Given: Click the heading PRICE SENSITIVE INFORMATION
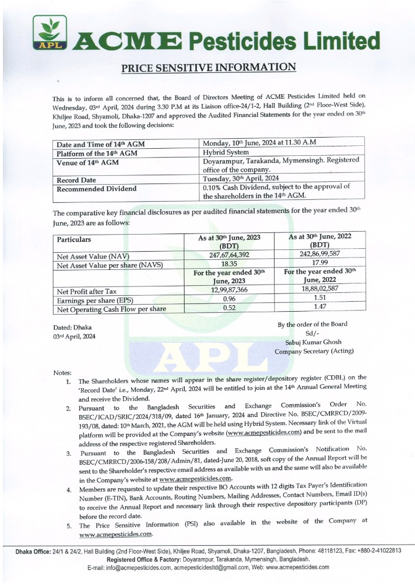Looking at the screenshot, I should (208, 67).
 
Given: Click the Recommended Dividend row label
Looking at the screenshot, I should (96, 189).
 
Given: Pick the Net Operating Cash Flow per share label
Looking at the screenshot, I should (111, 309).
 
